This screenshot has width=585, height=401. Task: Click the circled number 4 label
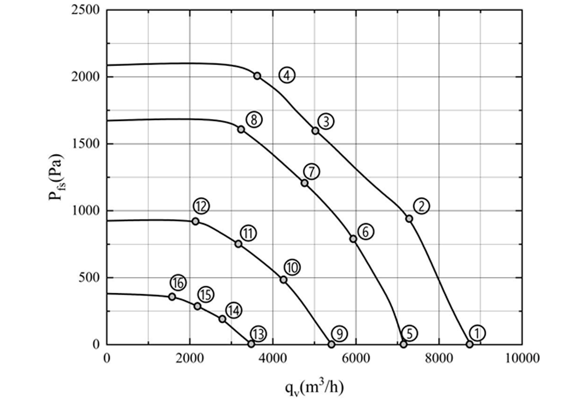click(287, 76)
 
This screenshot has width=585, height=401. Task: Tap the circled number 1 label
click(477, 333)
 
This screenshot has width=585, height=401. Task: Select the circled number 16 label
click(178, 283)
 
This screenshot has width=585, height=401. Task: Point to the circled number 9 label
click(339, 334)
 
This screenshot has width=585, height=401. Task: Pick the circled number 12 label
click(201, 206)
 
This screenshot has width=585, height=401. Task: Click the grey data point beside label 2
click(409, 219)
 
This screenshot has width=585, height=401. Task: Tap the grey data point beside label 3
click(315, 131)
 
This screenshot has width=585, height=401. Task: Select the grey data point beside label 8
click(241, 130)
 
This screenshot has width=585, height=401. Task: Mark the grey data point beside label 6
click(353, 238)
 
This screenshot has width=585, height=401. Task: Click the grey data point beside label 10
click(283, 280)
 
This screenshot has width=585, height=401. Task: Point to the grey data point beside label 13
click(251, 344)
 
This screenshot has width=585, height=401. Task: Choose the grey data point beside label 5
click(404, 344)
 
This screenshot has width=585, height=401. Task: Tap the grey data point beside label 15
click(197, 306)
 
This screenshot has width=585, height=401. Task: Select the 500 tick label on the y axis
click(90, 277)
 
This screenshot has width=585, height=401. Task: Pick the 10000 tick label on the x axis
click(522, 358)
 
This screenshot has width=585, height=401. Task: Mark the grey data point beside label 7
click(305, 183)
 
